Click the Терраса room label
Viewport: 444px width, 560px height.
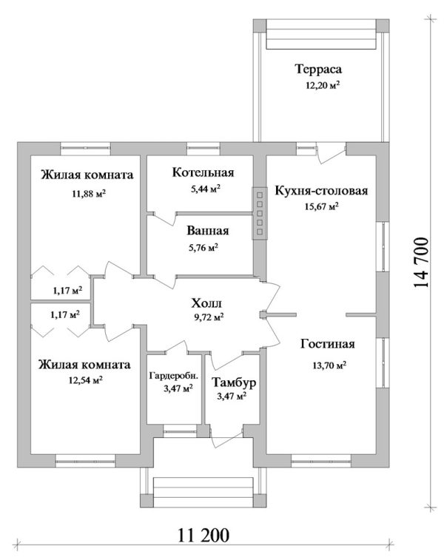(318, 69)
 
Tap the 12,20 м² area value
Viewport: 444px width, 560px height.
(322, 85)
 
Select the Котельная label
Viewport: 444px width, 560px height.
(203, 172)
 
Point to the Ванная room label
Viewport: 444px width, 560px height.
(207, 231)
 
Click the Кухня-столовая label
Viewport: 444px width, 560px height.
(321, 190)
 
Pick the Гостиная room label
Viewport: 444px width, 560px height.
(328, 344)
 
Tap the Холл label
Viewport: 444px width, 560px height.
(206, 303)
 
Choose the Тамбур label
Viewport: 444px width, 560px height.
(234, 382)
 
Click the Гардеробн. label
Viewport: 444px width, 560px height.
(174, 376)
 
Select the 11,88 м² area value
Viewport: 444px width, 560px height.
(89, 194)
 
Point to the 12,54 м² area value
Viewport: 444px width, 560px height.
(86, 380)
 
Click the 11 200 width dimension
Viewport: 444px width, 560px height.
(203, 536)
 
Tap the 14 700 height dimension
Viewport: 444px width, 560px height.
(420, 263)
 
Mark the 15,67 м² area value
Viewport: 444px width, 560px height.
(321, 206)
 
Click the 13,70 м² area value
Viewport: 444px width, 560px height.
(329, 365)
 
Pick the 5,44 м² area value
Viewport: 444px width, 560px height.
(206, 189)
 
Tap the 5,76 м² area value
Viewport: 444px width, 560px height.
(203, 248)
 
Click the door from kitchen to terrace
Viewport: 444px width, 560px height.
(331, 153)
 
